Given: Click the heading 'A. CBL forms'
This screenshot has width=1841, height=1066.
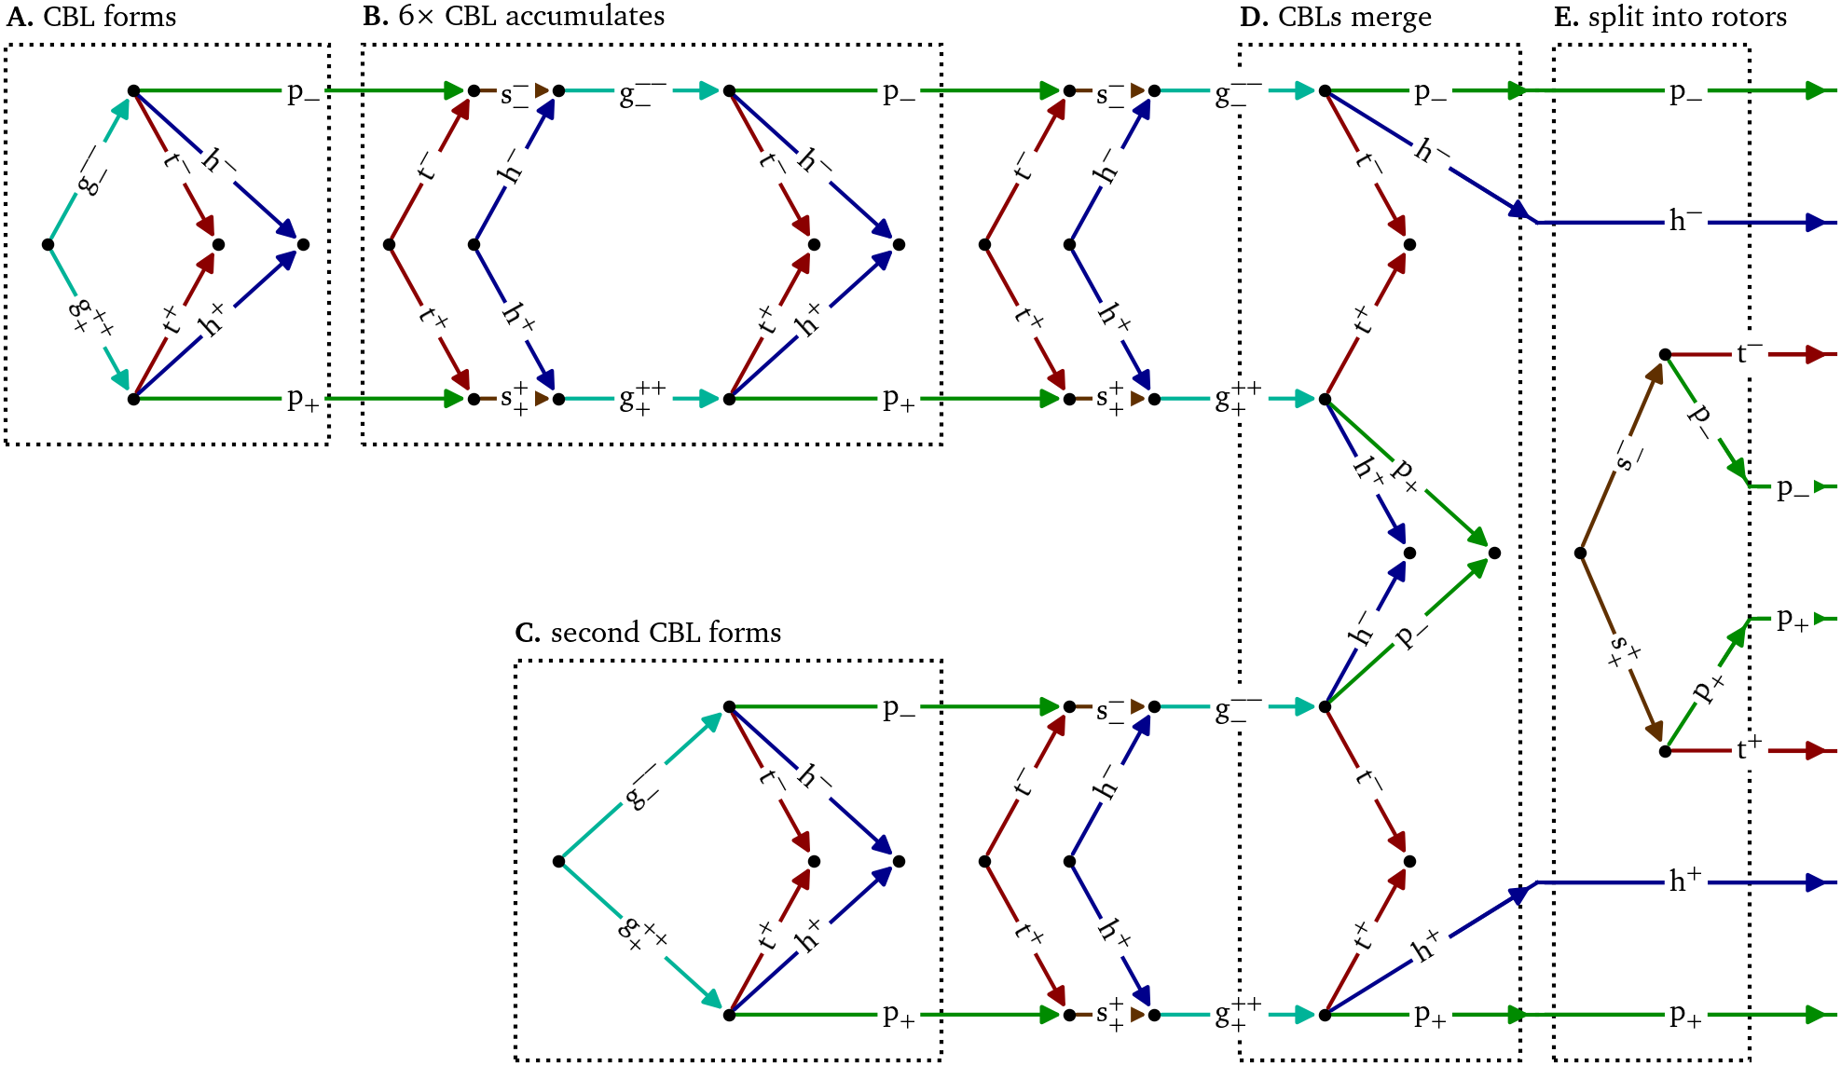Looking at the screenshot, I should (x=91, y=17).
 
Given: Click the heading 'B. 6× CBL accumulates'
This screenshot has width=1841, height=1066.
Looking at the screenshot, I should (x=514, y=17).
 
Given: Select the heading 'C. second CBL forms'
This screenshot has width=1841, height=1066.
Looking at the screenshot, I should (x=648, y=633).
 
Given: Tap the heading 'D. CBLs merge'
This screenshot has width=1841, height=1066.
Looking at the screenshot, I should (x=1335, y=17).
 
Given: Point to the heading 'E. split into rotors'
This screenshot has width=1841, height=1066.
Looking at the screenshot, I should (x=1669, y=17).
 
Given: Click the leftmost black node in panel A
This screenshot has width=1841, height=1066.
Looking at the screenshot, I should (x=48, y=245).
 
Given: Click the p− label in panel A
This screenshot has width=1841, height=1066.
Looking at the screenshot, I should (x=303, y=91).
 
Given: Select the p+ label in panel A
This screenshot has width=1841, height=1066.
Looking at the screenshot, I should (x=303, y=400).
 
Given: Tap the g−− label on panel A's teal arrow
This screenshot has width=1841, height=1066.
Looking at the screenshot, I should (x=91, y=171).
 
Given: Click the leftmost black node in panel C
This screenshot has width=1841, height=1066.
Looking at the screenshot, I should (x=558, y=861).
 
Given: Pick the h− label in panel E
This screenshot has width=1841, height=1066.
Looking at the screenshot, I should (x=1685, y=221).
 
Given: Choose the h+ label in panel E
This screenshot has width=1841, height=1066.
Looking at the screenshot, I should (x=1685, y=880).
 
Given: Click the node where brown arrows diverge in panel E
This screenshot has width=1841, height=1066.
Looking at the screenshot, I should (x=1580, y=553).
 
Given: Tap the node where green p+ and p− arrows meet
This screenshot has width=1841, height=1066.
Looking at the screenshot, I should (x=1494, y=553).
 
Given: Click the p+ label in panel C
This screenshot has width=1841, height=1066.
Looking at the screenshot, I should (x=899, y=1015).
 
